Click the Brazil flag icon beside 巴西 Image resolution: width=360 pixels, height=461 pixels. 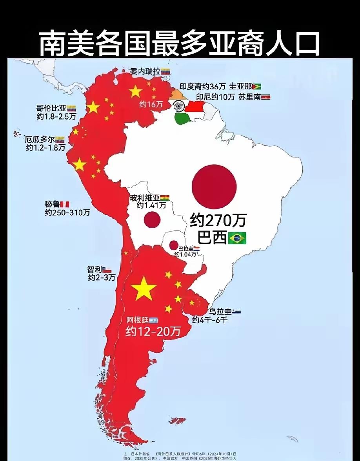[237, 238]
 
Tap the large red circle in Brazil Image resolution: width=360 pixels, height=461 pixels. [215, 187]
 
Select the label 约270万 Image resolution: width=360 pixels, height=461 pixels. [218, 220]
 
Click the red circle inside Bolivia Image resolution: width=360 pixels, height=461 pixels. [152, 220]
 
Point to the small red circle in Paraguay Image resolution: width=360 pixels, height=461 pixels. [174, 245]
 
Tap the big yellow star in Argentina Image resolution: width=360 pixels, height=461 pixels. [144, 288]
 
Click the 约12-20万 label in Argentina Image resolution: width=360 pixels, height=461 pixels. [153, 332]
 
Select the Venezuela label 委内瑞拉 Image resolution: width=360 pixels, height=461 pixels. [145, 71]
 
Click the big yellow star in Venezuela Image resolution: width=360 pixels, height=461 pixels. [135, 91]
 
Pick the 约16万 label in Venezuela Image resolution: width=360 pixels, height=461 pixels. [151, 104]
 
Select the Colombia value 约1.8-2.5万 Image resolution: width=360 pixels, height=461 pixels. [56, 117]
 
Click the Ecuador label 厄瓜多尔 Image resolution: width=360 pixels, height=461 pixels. [39, 140]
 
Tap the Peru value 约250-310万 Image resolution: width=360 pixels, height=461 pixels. [67, 212]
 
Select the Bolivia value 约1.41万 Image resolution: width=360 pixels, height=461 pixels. [151, 205]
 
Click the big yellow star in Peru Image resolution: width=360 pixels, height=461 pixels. [80, 165]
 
